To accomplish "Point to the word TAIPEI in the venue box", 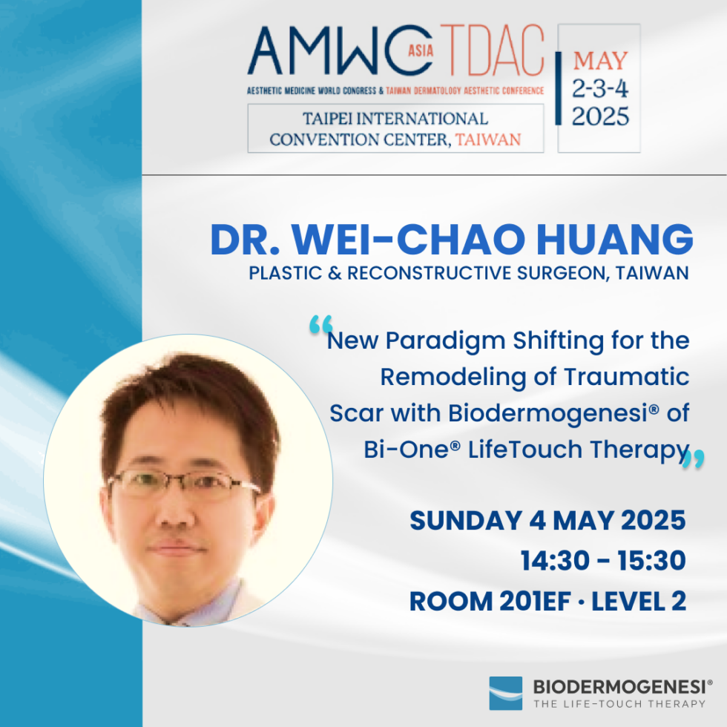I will click(x=335, y=119).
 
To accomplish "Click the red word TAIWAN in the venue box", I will click(x=488, y=139).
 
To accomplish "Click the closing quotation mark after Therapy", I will click(x=693, y=460).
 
